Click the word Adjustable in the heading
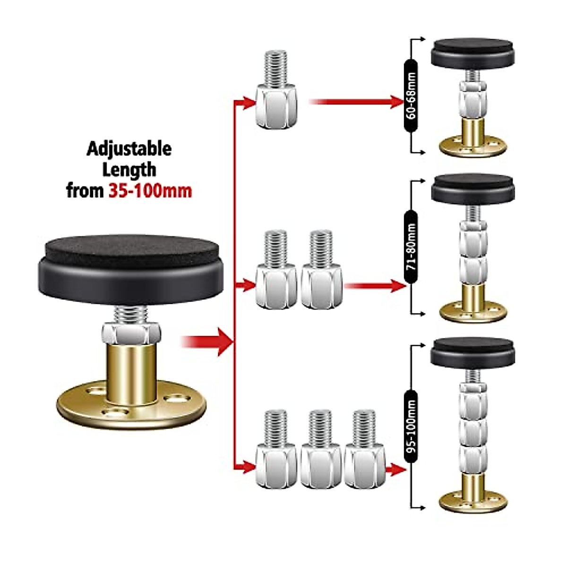point(129,149)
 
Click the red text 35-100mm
point(150,191)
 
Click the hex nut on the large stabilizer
point(130,335)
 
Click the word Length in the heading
point(129,170)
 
